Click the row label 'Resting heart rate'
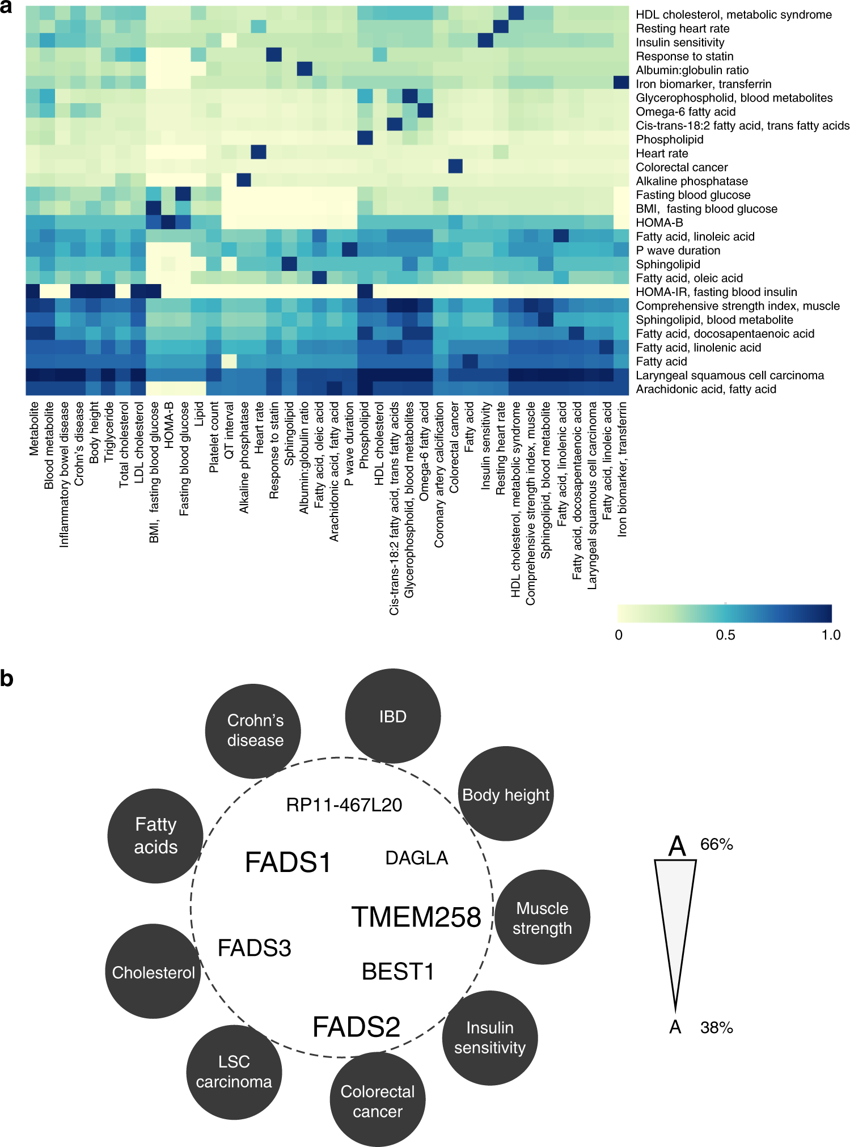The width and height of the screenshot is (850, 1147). pos(682,28)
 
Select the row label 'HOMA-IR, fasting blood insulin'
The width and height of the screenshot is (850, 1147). pos(716,292)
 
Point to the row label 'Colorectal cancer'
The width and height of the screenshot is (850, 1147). pos(682,167)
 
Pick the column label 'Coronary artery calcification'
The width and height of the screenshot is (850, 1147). pos(439,475)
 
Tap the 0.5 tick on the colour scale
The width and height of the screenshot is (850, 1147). pos(725,635)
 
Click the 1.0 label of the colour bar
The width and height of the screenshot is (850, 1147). pos(831,635)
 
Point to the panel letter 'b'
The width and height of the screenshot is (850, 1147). pos(7,678)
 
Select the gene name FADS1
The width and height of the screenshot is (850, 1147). pos(288,862)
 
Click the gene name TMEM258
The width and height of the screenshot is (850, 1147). pos(416,917)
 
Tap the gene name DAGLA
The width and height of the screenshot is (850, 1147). pos(416,858)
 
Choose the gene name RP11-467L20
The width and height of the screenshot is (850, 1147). pos(344,805)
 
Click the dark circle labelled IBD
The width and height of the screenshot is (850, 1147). pos(392,716)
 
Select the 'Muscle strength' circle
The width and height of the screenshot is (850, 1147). pos(542,917)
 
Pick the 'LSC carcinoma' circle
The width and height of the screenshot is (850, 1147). pos(234,1072)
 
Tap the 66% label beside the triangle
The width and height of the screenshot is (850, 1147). pos(716,844)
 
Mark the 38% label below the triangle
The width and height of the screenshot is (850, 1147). pos(716,1027)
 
